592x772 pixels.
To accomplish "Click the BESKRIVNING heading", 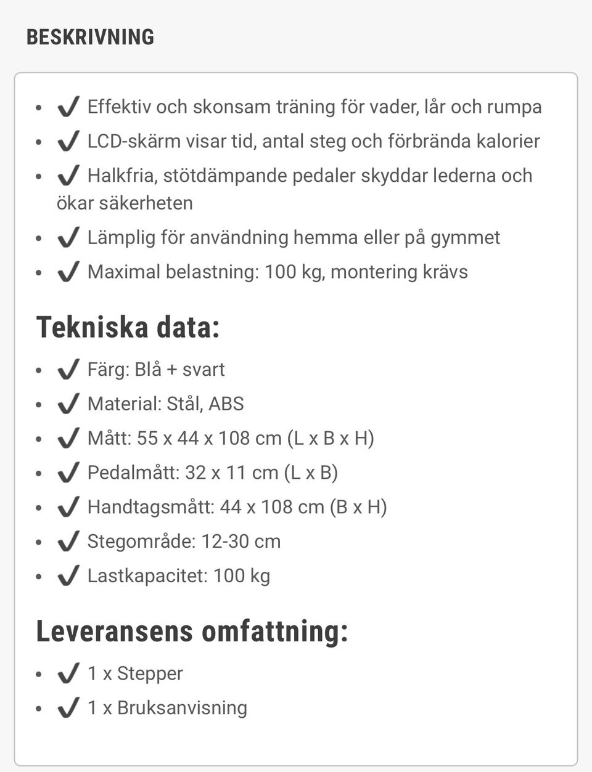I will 90,37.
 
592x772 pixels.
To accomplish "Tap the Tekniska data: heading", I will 128,327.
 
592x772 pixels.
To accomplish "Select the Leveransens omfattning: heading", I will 192,632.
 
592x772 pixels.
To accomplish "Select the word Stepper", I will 150,673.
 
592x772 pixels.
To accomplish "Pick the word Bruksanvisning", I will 182,708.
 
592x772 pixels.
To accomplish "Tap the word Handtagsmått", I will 150,507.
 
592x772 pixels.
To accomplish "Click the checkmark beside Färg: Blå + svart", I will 68,369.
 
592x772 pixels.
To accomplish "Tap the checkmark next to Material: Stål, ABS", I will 68,404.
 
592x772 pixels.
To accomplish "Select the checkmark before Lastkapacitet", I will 68,575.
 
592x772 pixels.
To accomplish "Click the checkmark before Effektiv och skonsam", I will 68,107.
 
